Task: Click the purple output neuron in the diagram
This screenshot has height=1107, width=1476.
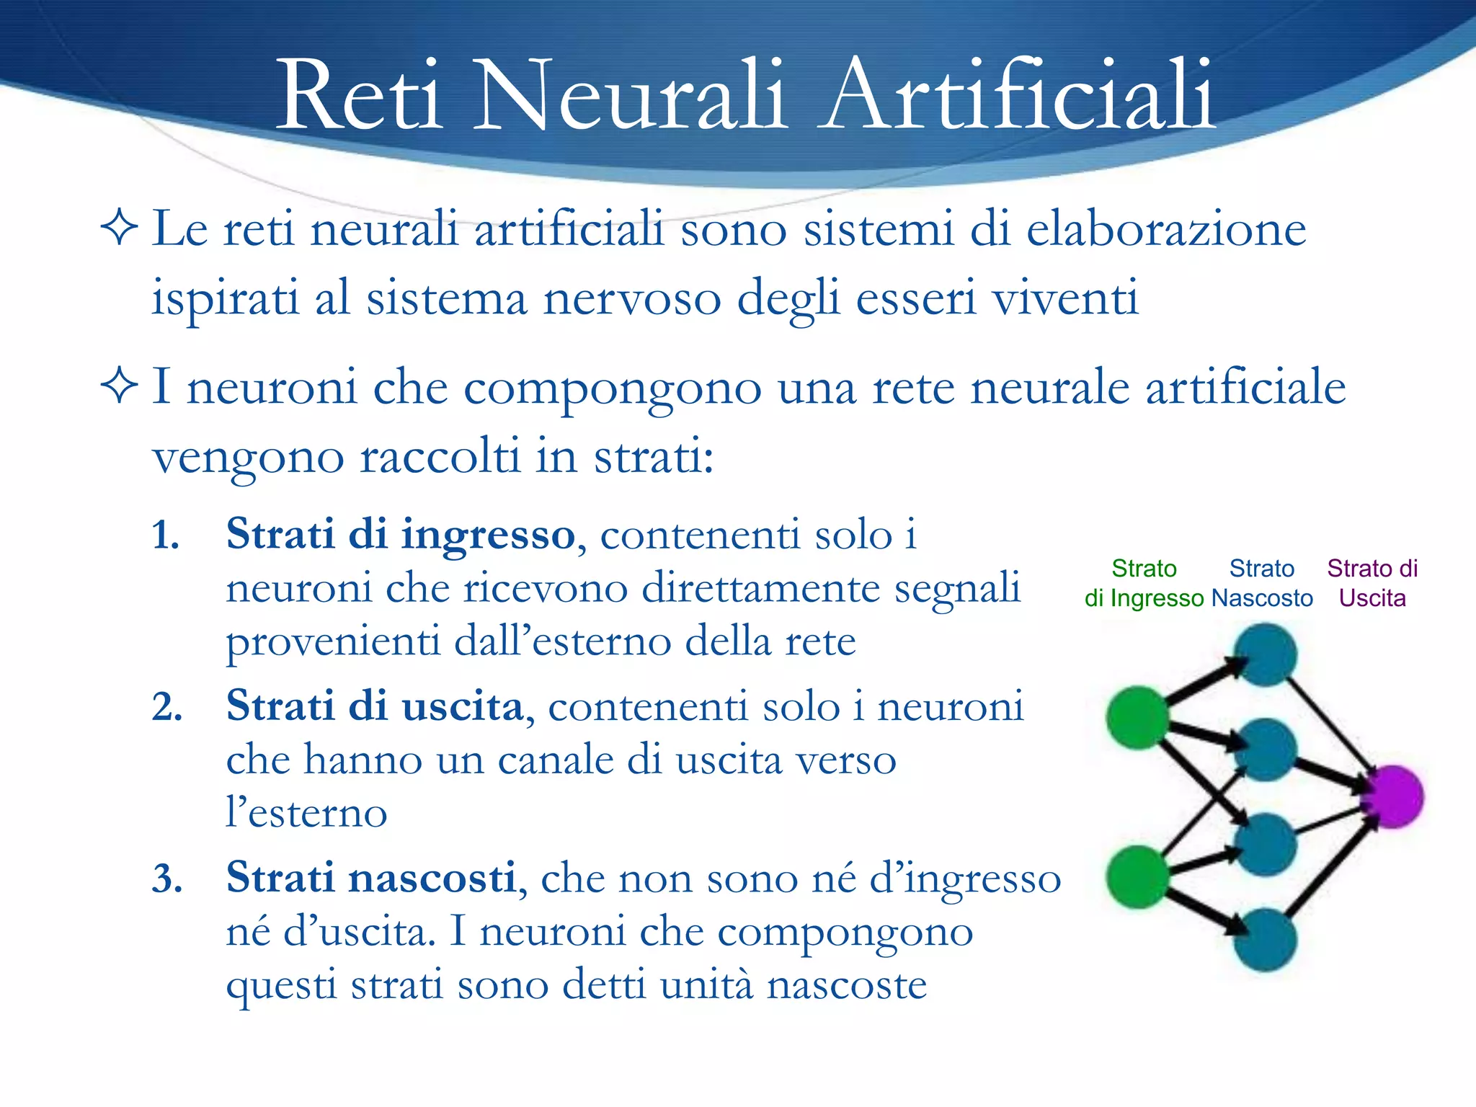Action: coord(1392,796)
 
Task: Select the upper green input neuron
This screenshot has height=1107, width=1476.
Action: coord(1137,717)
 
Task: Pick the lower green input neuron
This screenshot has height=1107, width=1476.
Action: coord(1137,876)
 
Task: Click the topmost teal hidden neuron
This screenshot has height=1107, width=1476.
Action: coord(1265,654)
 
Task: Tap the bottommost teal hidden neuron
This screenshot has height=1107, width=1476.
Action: coord(1265,940)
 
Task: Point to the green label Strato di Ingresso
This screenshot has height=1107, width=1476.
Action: coord(1144,583)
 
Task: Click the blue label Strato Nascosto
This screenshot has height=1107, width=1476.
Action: coord(1262,583)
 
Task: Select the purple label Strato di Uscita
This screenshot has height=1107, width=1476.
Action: coord(1372,583)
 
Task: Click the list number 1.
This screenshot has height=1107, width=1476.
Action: coord(165,535)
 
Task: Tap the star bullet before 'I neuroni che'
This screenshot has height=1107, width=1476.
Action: coord(119,386)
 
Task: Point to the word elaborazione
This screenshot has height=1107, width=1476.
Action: coord(1165,229)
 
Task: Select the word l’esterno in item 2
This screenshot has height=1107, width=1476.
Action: coord(306,813)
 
